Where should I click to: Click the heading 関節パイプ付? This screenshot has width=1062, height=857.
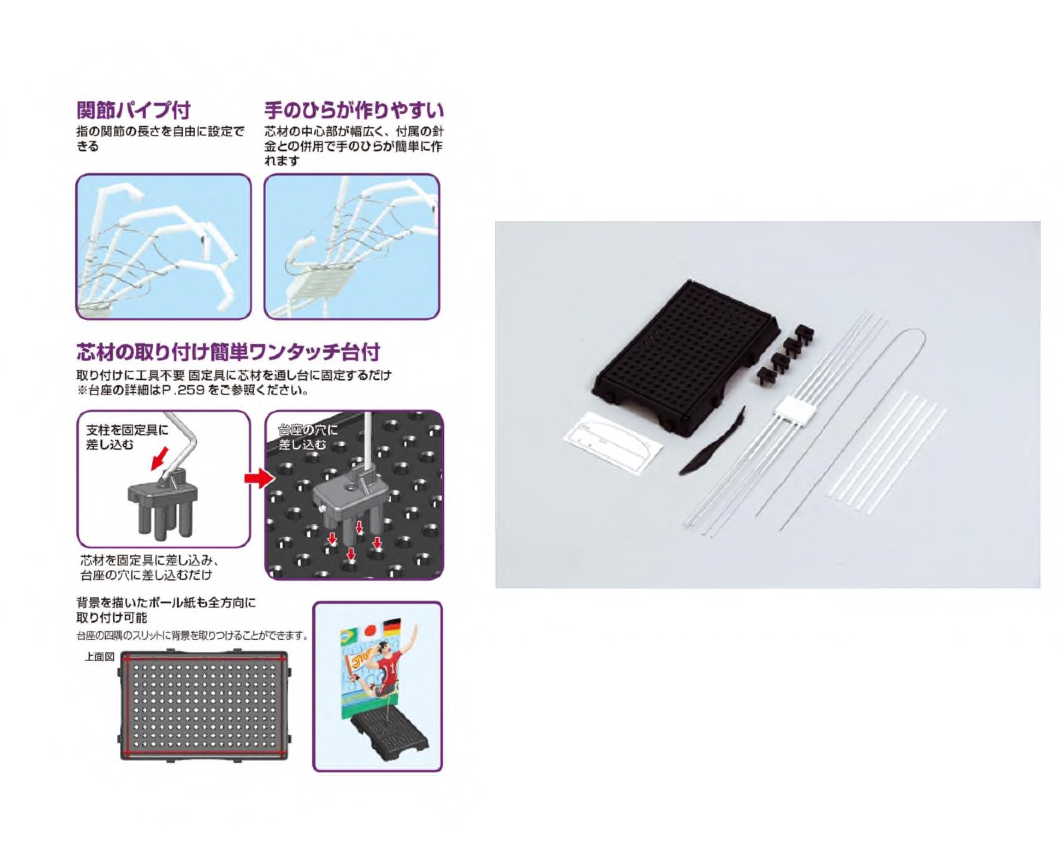pyautogui.click(x=133, y=110)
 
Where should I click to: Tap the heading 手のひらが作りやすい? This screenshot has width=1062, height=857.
pyautogui.click(x=354, y=110)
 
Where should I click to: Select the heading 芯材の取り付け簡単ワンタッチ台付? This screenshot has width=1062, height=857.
pyautogui.click(x=228, y=352)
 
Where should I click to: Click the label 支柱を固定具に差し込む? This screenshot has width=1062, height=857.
pyautogui.click(x=127, y=437)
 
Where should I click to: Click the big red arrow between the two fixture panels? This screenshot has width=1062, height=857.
pyautogui.click(x=259, y=478)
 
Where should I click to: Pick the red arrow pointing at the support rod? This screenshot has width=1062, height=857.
pyautogui.click(x=160, y=458)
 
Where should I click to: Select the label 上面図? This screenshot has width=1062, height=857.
pyautogui.click(x=99, y=657)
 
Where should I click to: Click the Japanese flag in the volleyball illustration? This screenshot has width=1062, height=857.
pyautogui.click(x=370, y=630)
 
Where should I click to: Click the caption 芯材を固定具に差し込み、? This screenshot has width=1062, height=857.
pyautogui.click(x=150, y=560)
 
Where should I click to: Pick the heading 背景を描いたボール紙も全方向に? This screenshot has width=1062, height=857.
pyautogui.click(x=166, y=603)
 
